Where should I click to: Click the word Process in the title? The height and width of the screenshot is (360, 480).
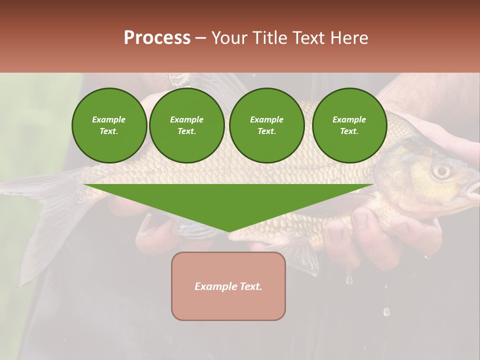click(x=157, y=38)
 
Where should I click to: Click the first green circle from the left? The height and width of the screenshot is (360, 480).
click(x=109, y=125)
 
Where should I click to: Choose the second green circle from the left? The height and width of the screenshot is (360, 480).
click(x=186, y=125)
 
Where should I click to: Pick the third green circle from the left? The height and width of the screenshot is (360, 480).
click(x=266, y=125)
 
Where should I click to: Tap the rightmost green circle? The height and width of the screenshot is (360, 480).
click(x=349, y=125)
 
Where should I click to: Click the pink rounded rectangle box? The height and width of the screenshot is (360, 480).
click(x=228, y=286)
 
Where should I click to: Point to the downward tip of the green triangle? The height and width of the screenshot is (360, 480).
click(x=229, y=231)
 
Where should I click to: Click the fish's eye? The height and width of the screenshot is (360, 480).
click(x=441, y=170)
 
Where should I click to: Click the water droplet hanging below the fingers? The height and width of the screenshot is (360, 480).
click(x=349, y=278)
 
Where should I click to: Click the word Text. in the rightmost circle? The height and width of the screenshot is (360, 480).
click(x=349, y=131)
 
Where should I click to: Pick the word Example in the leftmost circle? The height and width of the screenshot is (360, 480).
click(x=109, y=119)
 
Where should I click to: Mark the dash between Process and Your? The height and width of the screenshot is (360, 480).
click(x=200, y=38)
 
